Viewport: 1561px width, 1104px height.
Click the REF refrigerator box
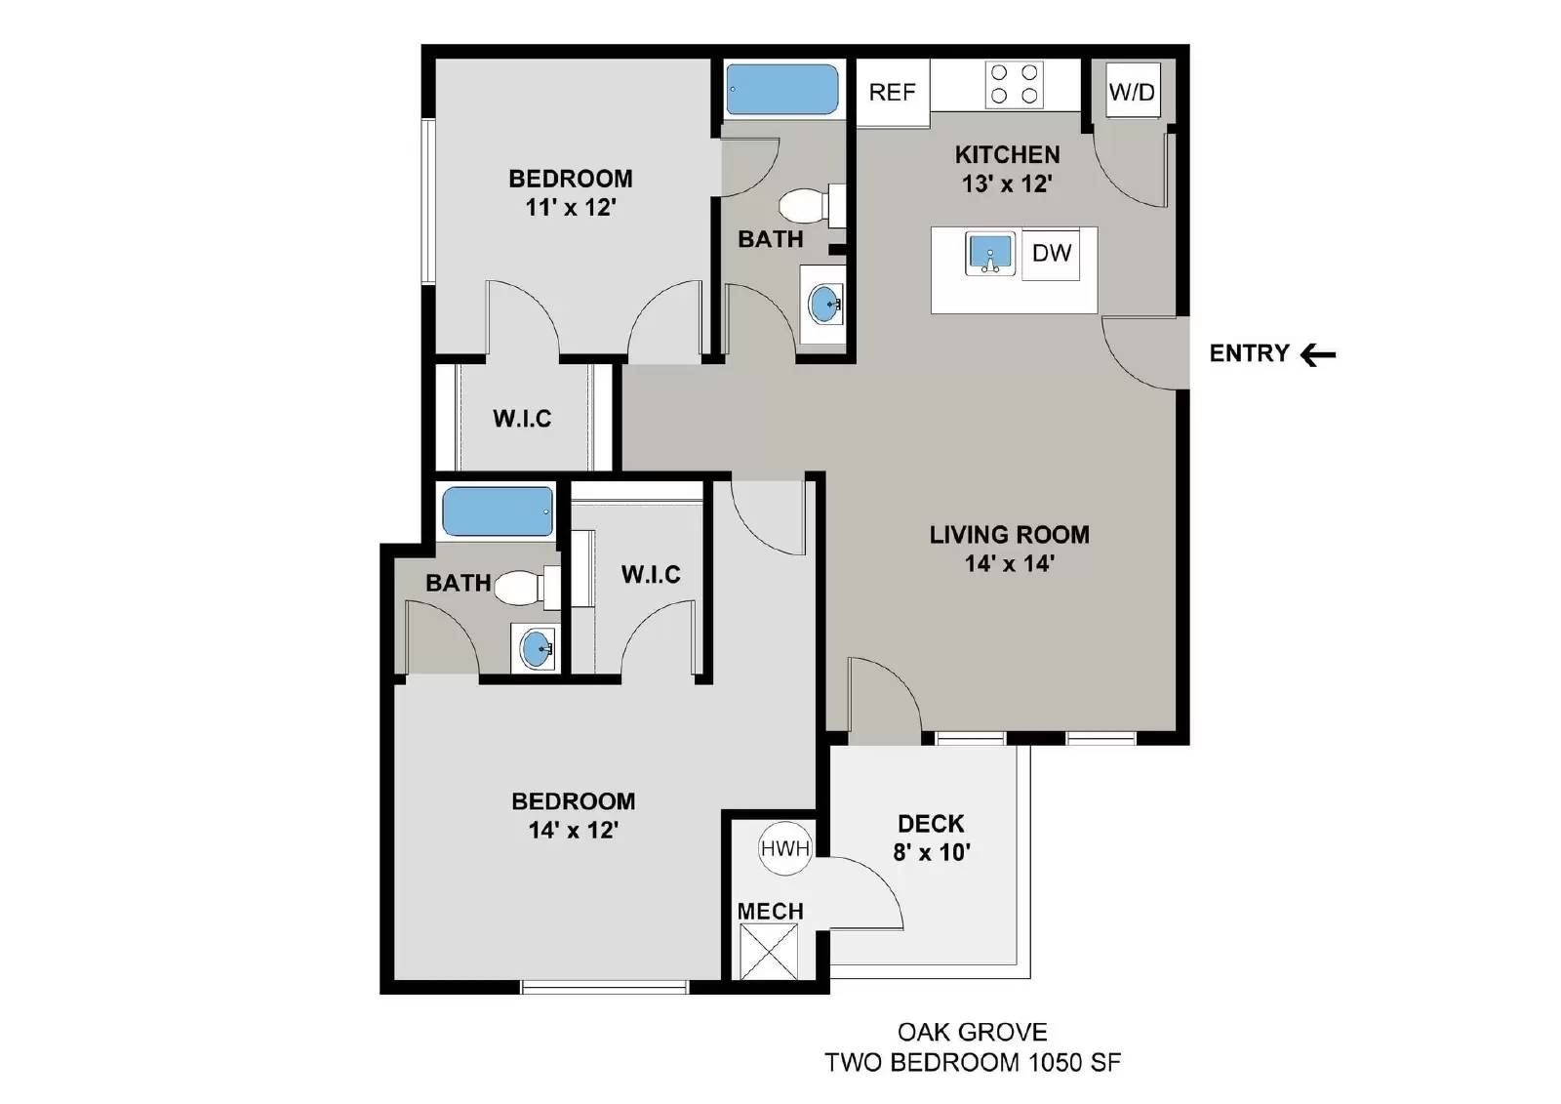pyautogui.click(x=892, y=93)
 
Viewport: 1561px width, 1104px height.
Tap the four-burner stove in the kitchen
pyautogui.click(x=1015, y=84)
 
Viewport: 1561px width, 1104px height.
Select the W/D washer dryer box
pyautogui.click(x=1132, y=92)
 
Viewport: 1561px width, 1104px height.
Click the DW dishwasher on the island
pyautogui.click(x=1051, y=254)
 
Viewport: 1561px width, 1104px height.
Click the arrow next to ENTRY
pyautogui.click(x=1318, y=354)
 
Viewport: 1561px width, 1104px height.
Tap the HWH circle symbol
pyautogui.click(x=784, y=848)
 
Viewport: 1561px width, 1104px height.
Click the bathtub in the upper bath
pyautogui.click(x=782, y=90)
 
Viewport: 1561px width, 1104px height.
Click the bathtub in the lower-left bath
pyautogui.click(x=498, y=512)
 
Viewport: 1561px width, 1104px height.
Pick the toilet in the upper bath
pyautogui.click(x=810, y=206)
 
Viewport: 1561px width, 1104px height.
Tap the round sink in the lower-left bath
pyautogui.click(x=536, y=648)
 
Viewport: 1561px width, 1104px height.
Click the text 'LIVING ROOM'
pyautogui.click(x=1009, y=535)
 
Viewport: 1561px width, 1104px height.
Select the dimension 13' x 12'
pyautogui.click(x=1007, y=184)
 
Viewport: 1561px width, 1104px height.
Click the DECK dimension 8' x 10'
pyautogui.click(x=931, y=852)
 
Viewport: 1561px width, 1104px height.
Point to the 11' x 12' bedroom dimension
pyautogui.click(x=570, y=207)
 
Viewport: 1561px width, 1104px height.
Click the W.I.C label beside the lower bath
pyautogui.click(x=651, y=574)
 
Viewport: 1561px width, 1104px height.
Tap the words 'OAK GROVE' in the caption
pyautogui.click(x=972, y=1032)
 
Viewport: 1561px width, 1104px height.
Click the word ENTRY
pyautogui.click(x=1249, y=353)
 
